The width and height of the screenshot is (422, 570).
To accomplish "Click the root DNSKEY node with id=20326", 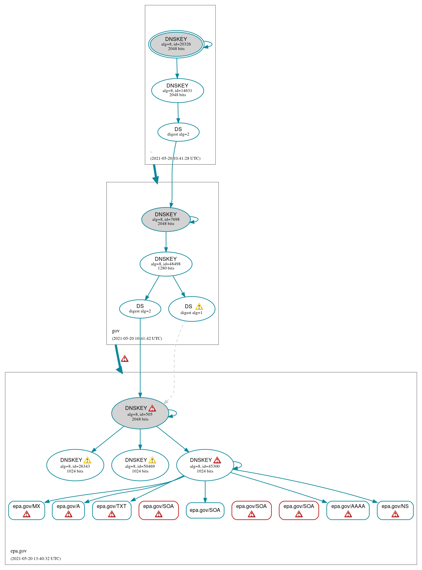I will tap(176, 44).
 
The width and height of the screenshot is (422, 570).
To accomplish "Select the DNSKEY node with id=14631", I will tap(177, 91).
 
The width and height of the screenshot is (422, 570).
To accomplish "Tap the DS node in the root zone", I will tap(178, 132).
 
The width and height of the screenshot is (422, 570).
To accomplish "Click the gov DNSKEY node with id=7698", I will tap(166, 219).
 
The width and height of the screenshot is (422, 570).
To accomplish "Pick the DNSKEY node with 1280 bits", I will tap(166, 264).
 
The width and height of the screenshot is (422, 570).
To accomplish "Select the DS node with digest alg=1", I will tap(192, 309).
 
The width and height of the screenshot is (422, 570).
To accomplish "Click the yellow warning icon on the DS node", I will tap(199, 307).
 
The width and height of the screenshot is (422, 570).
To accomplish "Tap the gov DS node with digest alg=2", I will tap(140, 309).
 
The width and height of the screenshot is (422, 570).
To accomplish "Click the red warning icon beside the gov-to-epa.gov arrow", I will tap(125, 359).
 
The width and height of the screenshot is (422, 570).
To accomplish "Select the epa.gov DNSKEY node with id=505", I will tap(140, 413).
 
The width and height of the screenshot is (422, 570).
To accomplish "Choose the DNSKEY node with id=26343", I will tap(75, 465).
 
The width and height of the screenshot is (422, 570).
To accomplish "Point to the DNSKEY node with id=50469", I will tap(140, 465).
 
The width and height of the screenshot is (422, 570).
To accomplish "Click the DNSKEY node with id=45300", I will tap(205, 465).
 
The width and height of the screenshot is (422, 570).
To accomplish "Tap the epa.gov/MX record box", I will tap(26, 510).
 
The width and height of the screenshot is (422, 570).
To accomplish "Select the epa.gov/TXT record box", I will tap(112, 510).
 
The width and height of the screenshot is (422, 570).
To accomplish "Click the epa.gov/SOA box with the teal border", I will tap(205, 510).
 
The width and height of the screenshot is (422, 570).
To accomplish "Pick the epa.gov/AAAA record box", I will tap(348, 510).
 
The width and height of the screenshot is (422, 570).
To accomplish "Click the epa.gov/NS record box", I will tap(395, 510).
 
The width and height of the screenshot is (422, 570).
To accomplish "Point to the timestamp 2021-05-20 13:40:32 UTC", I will tap(35, 558).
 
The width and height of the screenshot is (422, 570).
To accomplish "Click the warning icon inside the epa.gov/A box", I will tap(68, 514).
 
